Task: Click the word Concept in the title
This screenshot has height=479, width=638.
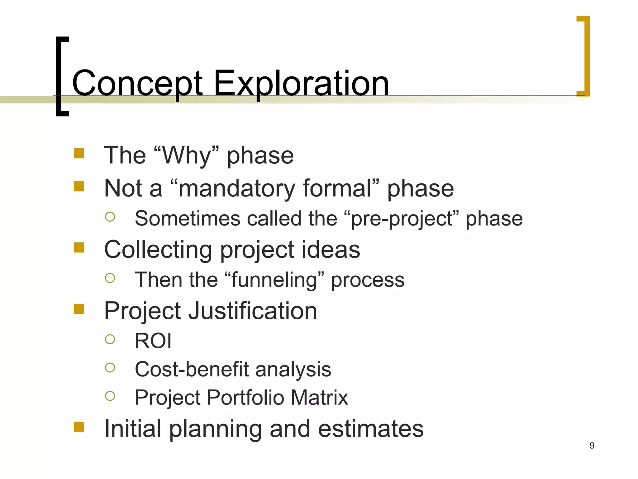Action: (137, 84)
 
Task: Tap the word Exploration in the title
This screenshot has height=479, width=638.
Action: (301, 84)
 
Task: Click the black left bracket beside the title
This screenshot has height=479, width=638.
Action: (59, 76)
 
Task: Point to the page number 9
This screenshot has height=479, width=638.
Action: (592, 446)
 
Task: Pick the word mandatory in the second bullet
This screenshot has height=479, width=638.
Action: (237, 188)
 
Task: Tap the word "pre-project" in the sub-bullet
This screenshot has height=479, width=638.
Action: (402, 219)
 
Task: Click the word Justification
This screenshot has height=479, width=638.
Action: (253, 311)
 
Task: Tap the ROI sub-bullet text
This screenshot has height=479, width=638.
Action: (153, 341)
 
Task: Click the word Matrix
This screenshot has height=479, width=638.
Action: (319, 398)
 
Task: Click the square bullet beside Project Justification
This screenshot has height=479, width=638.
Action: (79, 309)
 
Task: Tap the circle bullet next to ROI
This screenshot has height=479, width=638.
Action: (110, 339)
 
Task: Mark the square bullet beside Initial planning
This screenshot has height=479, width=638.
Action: (79, 427)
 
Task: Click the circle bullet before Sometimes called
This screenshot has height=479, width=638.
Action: (110, 217)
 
